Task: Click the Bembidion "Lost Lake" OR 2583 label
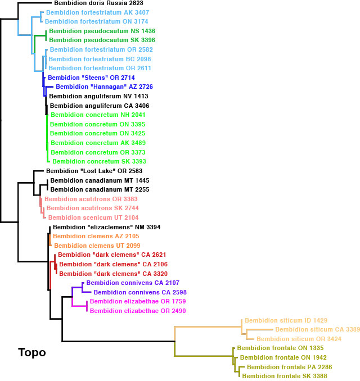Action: (94, 171)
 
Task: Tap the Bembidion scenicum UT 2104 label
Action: (93, 217)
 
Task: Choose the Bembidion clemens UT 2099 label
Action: (96, 246)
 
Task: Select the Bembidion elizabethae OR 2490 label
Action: (137, 311)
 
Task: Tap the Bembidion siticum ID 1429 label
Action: (286, 320)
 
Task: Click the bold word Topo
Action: (31, 353)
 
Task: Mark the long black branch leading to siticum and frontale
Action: (118, 341)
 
